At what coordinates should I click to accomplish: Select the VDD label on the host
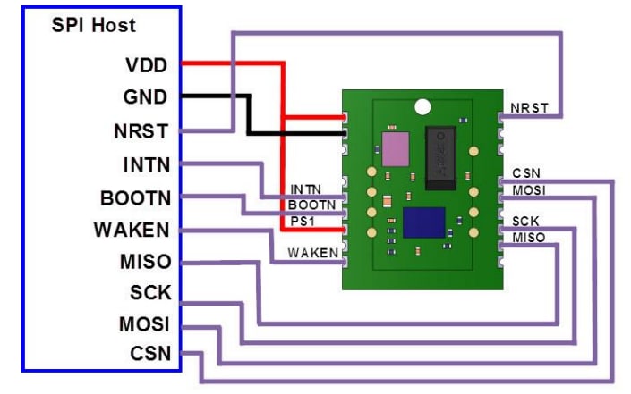[x=148, y=65]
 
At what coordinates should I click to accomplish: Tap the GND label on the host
[x=146, y=97]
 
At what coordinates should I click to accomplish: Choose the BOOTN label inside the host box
[x=137, y=197]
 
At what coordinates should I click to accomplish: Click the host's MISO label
[x=145, y=263]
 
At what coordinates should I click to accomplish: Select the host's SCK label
[x=150, y=293]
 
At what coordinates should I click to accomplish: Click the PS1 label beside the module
[x=299, y=220]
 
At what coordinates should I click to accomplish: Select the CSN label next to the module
[x=526, y=172]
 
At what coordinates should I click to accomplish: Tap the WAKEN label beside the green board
[x=313, y=253]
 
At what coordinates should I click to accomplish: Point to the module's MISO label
[x=528, y=237]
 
